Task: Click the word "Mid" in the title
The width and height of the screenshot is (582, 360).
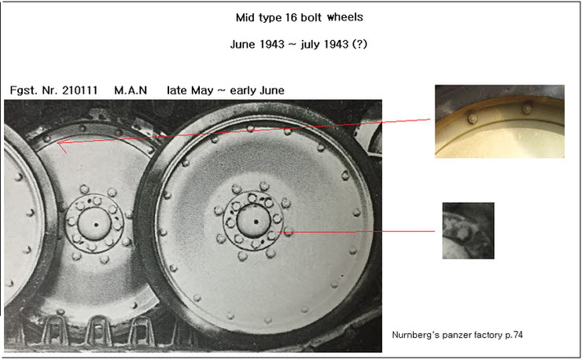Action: [245, 17]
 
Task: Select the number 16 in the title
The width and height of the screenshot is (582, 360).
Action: [290, 17]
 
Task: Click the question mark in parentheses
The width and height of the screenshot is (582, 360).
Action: [359, 45]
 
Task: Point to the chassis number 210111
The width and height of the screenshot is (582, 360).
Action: [79, 90]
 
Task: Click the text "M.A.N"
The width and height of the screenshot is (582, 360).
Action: [131, 90]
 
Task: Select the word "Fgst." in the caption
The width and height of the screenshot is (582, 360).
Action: [21, 90]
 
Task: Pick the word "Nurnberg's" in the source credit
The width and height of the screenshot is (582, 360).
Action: [415, 335]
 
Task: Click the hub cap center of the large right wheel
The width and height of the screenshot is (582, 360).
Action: [256, 222]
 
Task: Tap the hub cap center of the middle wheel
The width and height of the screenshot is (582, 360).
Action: [95, 224]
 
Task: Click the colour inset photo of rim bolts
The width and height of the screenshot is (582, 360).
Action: [499, 121]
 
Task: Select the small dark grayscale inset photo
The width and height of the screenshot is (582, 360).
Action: [468, 230]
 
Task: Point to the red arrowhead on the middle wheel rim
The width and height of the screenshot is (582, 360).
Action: [61, 145]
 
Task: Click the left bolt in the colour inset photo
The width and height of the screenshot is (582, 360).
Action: [473, 119]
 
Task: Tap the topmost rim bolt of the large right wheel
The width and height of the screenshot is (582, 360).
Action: [251, 128]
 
